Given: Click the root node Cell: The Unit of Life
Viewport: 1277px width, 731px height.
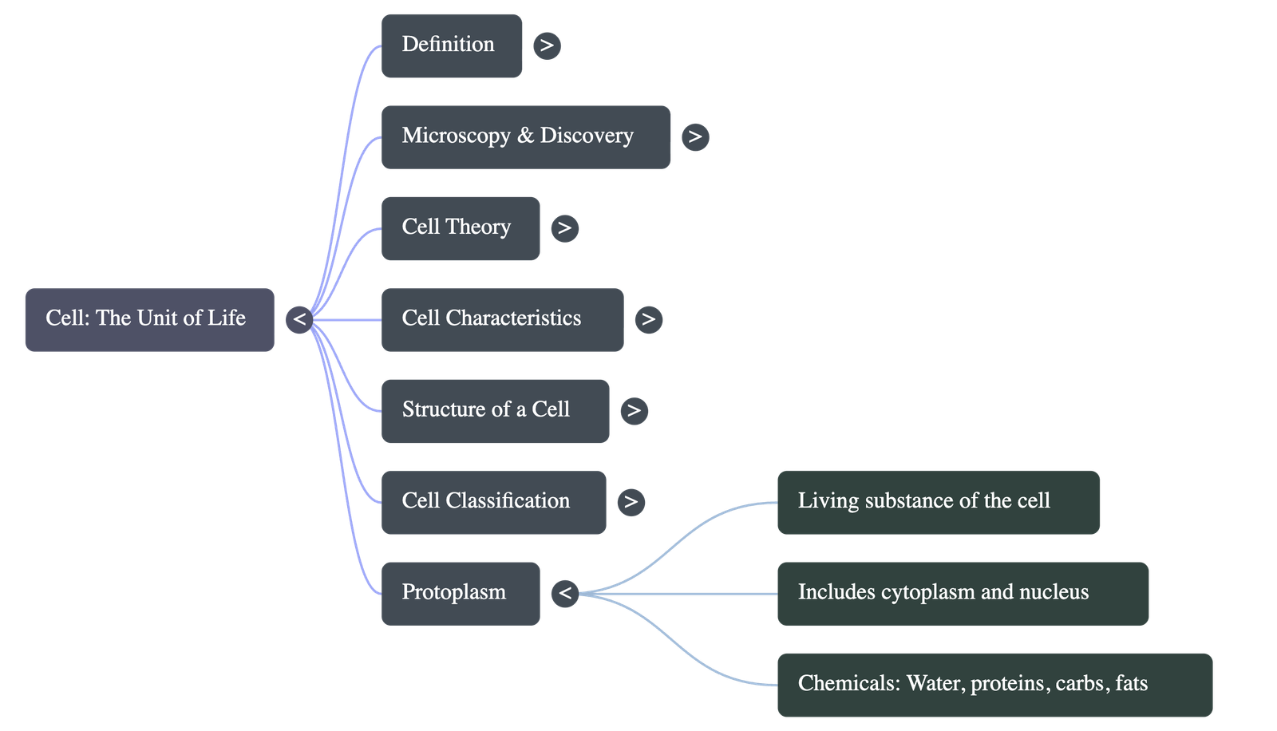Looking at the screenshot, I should click(x=149, y=319).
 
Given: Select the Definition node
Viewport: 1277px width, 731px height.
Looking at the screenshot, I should click(x=451, y=45).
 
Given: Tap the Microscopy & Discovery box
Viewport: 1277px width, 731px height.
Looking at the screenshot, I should click(x=525, y=136).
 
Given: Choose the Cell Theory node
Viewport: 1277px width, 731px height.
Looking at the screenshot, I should click(x=460, y=228).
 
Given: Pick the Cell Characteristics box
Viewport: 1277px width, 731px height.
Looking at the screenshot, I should click(x=502, y=319).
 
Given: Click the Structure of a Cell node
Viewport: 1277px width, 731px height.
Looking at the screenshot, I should click(x=495, y=411).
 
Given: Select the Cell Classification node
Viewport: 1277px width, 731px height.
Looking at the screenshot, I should click(x=493, y=502).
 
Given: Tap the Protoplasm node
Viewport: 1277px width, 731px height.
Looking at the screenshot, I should click(x=460, y=593).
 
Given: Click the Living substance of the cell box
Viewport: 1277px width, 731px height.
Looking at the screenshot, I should click(x=938, y=502).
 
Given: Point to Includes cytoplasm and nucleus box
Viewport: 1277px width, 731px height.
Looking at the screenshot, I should click(x=963, y=593).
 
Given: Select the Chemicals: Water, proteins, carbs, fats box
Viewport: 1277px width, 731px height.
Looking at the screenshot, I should click(x=994, y=685).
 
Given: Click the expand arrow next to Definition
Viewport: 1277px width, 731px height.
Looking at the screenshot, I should click(x=547, y=45).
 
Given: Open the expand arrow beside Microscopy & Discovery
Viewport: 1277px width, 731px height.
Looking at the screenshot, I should click(x=695, y=136).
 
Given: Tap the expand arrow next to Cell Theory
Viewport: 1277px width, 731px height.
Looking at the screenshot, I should click(x=565, y=228).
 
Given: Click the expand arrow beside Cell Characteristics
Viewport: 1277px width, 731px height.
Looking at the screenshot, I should click(x=649, y=319).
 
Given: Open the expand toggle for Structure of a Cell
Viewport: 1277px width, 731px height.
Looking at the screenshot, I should click(x=635, y=411).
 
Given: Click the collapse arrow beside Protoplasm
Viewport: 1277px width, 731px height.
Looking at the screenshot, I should click(x=565, y=593).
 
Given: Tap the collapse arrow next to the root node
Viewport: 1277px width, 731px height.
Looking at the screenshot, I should click(x=299, y=319).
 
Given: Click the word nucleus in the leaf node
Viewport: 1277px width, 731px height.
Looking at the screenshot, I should click(x=1054, y=593).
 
